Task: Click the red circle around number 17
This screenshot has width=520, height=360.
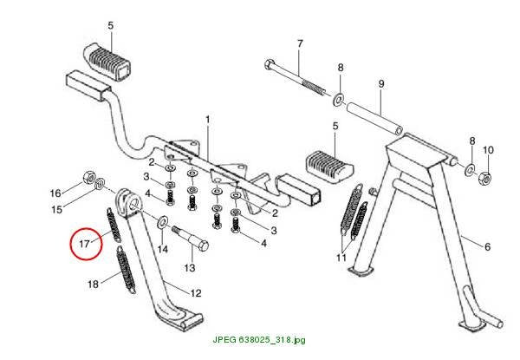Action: (x=70, y=244)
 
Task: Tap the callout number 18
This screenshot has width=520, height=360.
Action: (x=94, y=284)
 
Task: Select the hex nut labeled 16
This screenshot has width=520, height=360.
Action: (x=88, y=177)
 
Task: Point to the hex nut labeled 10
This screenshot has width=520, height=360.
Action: (x=484, y=178)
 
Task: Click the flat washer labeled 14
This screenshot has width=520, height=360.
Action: (x=162, y=222)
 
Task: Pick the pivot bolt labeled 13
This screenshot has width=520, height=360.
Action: (x=191, y=239)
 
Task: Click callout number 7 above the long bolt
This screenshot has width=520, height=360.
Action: (x=300, y=43)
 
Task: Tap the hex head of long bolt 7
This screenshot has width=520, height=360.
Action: (x=270, y=63)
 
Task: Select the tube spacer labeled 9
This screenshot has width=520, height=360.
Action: (x=374, y=118)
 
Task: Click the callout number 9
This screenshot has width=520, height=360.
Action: (x=381, y=83)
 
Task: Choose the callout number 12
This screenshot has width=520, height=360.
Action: (x=196, y=293)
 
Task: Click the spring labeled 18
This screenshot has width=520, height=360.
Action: (x=126, y=270)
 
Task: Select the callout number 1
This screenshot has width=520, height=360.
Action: (x=208, y=119)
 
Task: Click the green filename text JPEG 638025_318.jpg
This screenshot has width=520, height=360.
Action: (x=259, y=340)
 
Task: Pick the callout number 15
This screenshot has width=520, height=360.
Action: (x=56, y=209)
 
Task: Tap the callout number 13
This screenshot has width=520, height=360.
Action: (x=190, y=267)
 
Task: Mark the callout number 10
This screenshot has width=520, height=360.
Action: (x=488, y=150)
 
